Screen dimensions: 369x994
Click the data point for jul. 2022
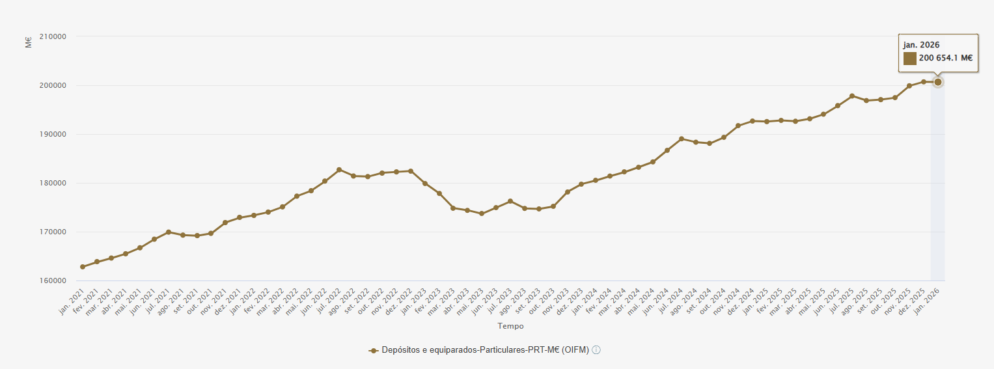click(x=339, y=170)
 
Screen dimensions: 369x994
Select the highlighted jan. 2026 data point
click(x=938, y=82)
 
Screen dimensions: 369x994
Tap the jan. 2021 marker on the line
click(x=83, y=267)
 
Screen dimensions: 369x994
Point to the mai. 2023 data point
click(x=482, y=213)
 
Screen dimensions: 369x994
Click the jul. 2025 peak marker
click(x=852, y=96)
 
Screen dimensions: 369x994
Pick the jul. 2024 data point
click(x=682, y=139)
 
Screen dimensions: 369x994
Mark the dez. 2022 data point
click(x=411, y=171)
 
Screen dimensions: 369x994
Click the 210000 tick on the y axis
click(x=53, y=36)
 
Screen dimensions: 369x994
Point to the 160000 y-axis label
click(x=53, y=281)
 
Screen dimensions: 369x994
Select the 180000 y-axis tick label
click(x=53, y=183)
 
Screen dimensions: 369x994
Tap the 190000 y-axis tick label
click(x=53, y=134)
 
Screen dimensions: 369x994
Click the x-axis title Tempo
click(x=510, y=326)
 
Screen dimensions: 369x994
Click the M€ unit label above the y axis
click(x=29, y=44)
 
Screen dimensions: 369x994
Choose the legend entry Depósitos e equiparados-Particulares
click(x=484, y=350)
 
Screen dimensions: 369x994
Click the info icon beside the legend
click(x=596, y=350)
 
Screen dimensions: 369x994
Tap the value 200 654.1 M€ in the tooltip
click(x=945, y=59)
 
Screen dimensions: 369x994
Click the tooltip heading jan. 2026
click(x=921, y=45)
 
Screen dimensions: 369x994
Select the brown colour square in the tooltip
click(x=909, y=59)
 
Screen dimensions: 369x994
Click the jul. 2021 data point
click(x=169, y=232)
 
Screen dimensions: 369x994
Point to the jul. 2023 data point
click(x=510, y=201)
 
